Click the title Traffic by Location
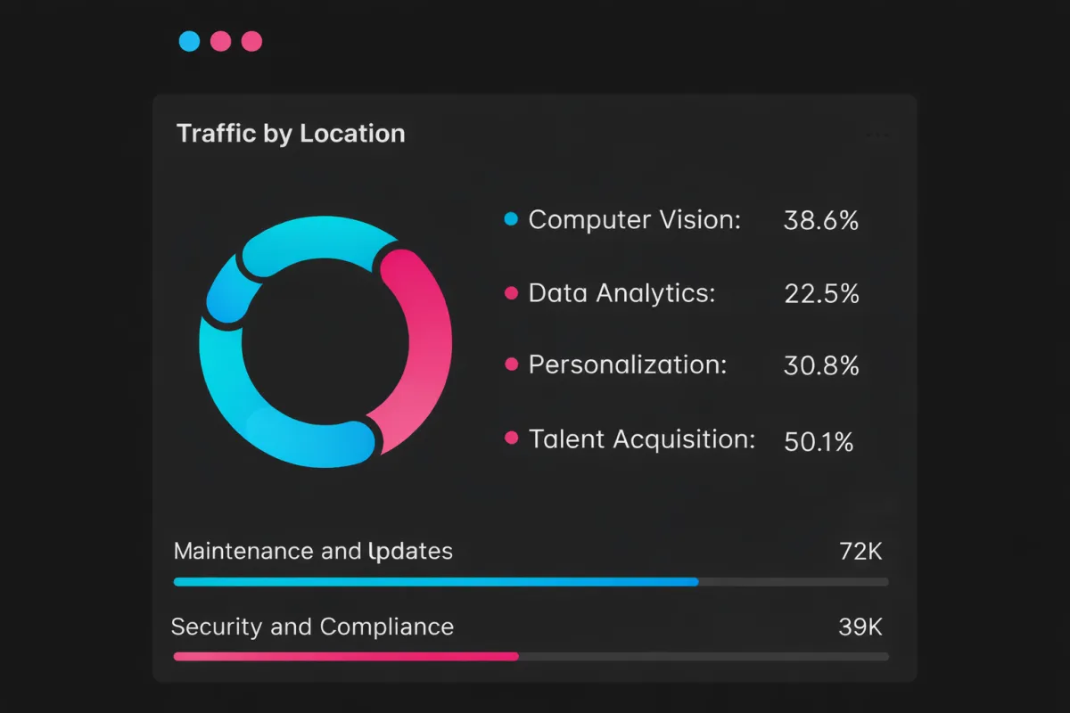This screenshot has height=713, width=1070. click(291, 134)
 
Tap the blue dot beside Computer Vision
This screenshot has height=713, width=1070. click(511, 219)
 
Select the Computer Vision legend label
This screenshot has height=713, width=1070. click(634, 220)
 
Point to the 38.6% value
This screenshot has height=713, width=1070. click(820, 221)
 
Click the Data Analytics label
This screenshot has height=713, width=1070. click(621, 293)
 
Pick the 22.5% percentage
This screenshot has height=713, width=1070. click(821, 294)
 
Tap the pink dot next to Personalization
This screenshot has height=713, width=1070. click(511, 365)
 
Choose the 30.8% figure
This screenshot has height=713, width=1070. click(821, 365)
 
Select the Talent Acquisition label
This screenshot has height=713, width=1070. click(641, 439)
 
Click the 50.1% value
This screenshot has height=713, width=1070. click(819, 441)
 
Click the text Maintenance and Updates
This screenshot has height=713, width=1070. click(313, 552)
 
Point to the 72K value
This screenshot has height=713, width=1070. click(860, 552)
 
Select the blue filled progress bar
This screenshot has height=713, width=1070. click(435, 582)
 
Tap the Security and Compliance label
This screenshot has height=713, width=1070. click(312, 627)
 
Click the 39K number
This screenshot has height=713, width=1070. click(860, 627)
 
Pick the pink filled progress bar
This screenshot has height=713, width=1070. click(345, 657)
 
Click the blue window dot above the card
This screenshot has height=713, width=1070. click(189, 41)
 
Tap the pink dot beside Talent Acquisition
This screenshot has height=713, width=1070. click(511, 438)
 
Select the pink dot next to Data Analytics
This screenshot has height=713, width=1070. click(511, 293)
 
